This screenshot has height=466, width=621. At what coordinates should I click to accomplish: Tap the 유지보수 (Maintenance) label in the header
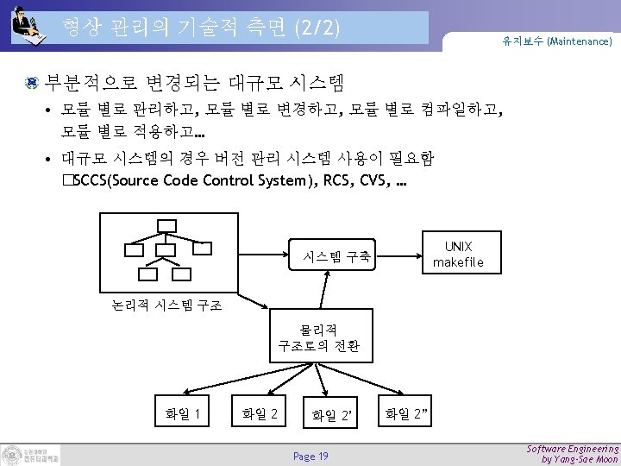coord(557,41)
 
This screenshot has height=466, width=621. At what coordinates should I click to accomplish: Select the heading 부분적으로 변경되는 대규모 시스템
coord(194,84)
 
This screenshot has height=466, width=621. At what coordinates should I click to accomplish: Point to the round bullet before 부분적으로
coord(31,84)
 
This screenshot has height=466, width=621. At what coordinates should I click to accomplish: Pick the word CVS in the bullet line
coord(370,180)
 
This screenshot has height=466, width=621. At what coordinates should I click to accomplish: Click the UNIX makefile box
coord(458,254)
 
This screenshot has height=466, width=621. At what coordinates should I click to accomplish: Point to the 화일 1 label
coord(183,413)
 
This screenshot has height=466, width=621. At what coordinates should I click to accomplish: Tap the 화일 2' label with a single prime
coord(333,416)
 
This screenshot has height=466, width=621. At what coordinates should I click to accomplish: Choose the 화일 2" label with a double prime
coord(407,413)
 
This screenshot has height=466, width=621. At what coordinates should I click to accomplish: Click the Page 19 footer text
coord(310,456)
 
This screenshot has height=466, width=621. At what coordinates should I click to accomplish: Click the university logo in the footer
coord(31,455)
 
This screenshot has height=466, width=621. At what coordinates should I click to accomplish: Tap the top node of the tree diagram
coord(166,226)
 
